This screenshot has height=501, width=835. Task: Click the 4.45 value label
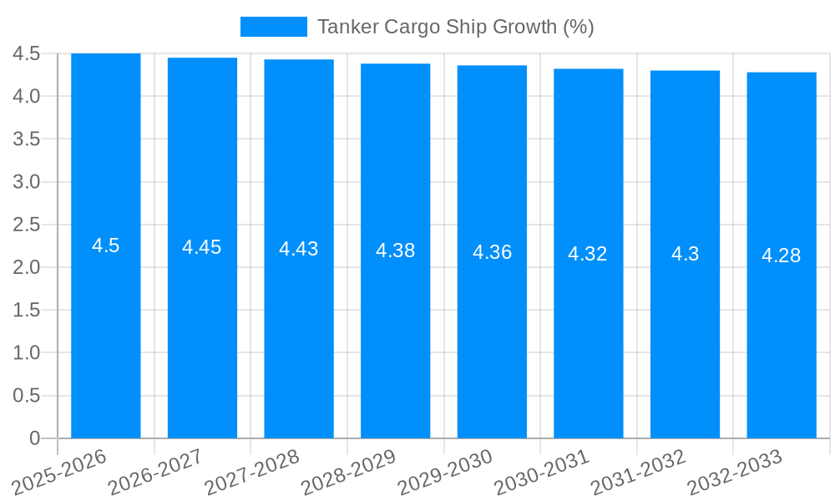click(x=202, y=247)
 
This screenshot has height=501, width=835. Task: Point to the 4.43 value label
click(x=299, y=249)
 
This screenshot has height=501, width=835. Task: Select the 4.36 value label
click(x=493, y=252)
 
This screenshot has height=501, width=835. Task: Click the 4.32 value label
click(x=588, y=254)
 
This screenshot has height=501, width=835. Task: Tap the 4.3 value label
click(x=686, y=254)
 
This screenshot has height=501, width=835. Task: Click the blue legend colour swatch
click(x=273, y=27)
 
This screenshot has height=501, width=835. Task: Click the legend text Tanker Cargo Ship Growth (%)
click(x=456, y=27)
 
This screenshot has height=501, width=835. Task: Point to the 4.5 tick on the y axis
click(x=27, y=53)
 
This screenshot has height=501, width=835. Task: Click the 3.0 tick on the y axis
click(x=27, y=182)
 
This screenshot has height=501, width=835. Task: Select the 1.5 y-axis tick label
click(x=27, y=310)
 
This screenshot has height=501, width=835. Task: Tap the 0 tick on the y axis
click(x=34, y=438)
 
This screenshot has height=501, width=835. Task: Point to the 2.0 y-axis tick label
click(x=27, y=267)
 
